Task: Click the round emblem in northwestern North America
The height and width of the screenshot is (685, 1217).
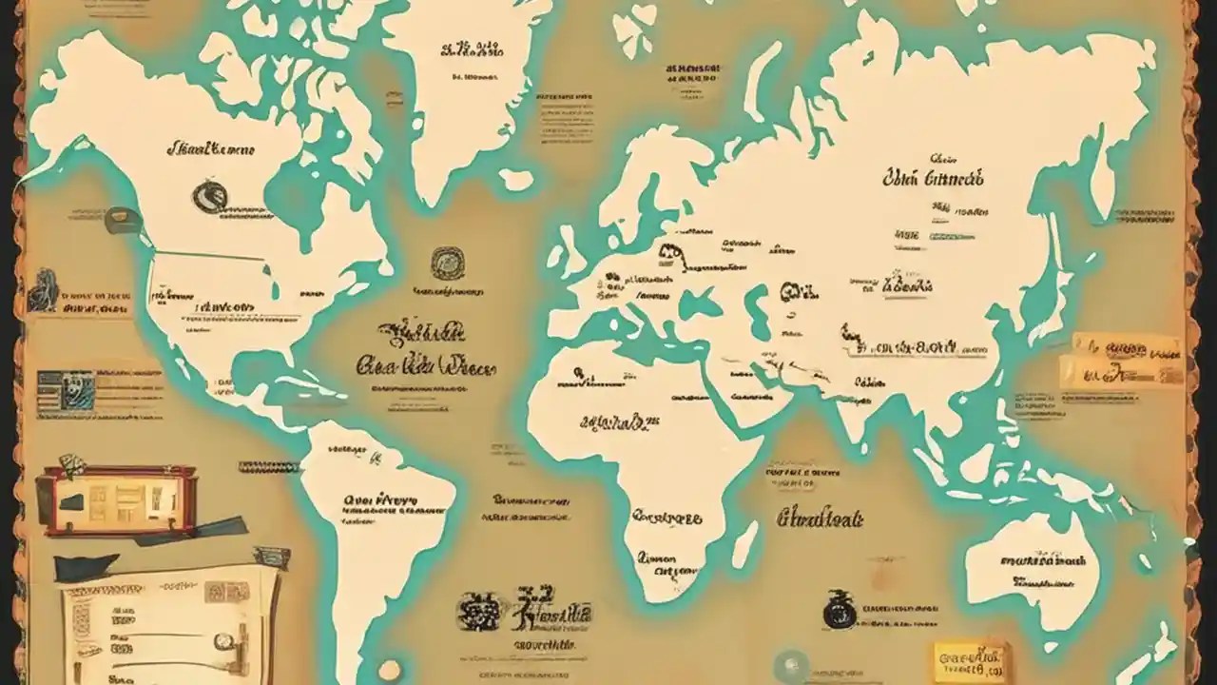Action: point(208,197)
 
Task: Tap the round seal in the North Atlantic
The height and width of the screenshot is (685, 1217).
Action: point(447,264)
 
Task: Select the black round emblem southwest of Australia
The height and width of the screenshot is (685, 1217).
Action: point(839,610)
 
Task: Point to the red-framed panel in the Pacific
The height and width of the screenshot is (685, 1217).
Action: point(116,500)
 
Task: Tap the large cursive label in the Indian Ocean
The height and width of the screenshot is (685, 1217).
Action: point(820,519)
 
